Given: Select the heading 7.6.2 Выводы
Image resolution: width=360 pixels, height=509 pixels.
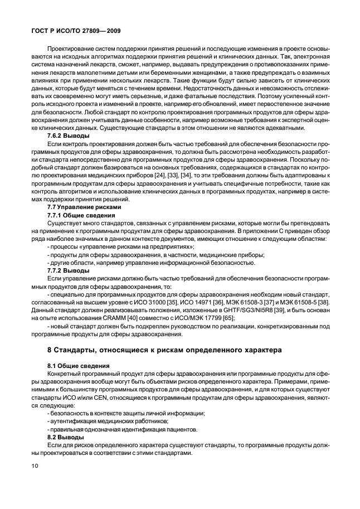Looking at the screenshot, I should [x=67, y=135].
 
